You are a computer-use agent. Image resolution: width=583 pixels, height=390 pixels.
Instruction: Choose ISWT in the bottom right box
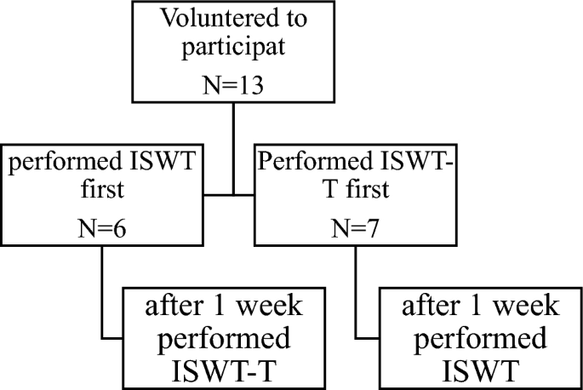480,371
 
